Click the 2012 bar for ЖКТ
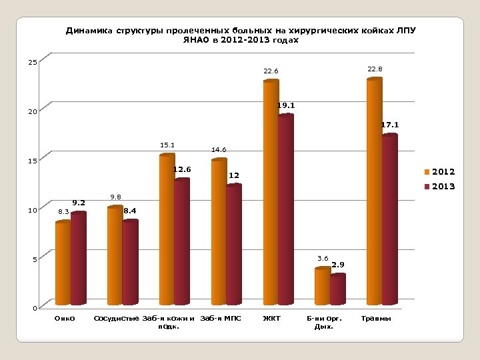click(x=271, y=193)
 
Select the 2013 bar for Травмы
click(x=389, y=220)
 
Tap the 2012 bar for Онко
click(x=63, y=263)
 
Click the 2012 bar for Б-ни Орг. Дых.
click(x=322, y=287)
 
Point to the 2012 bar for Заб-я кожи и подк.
click(x=167, y=230)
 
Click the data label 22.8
click(x=375, y=69)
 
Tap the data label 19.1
click(x=287, y=105)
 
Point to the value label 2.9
click(x=338, y=265)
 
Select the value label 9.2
click(x=79, y=202)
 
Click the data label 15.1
click(x=167, y=145)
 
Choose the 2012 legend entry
click(x=439, y=173)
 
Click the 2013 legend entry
click(x=439, y=187)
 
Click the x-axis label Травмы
click(x=376, y=319)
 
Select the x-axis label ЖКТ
click(x=271, y=319)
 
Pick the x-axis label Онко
click(x=65, y=319)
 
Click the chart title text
click(x=241, y=35)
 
